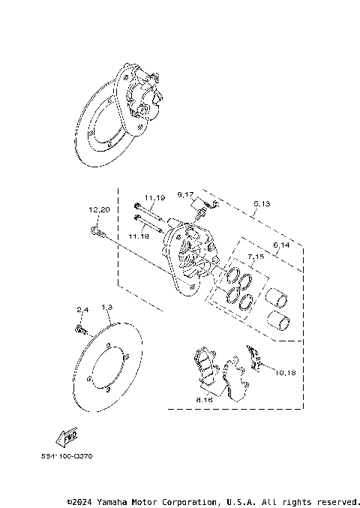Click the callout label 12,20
point(99,209)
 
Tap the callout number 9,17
point(186,195)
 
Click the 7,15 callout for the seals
point(256,257)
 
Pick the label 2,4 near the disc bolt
point(82,309)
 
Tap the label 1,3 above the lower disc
point(106,308)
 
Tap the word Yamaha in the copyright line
point(115,500)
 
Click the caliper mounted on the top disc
point(142,93)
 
